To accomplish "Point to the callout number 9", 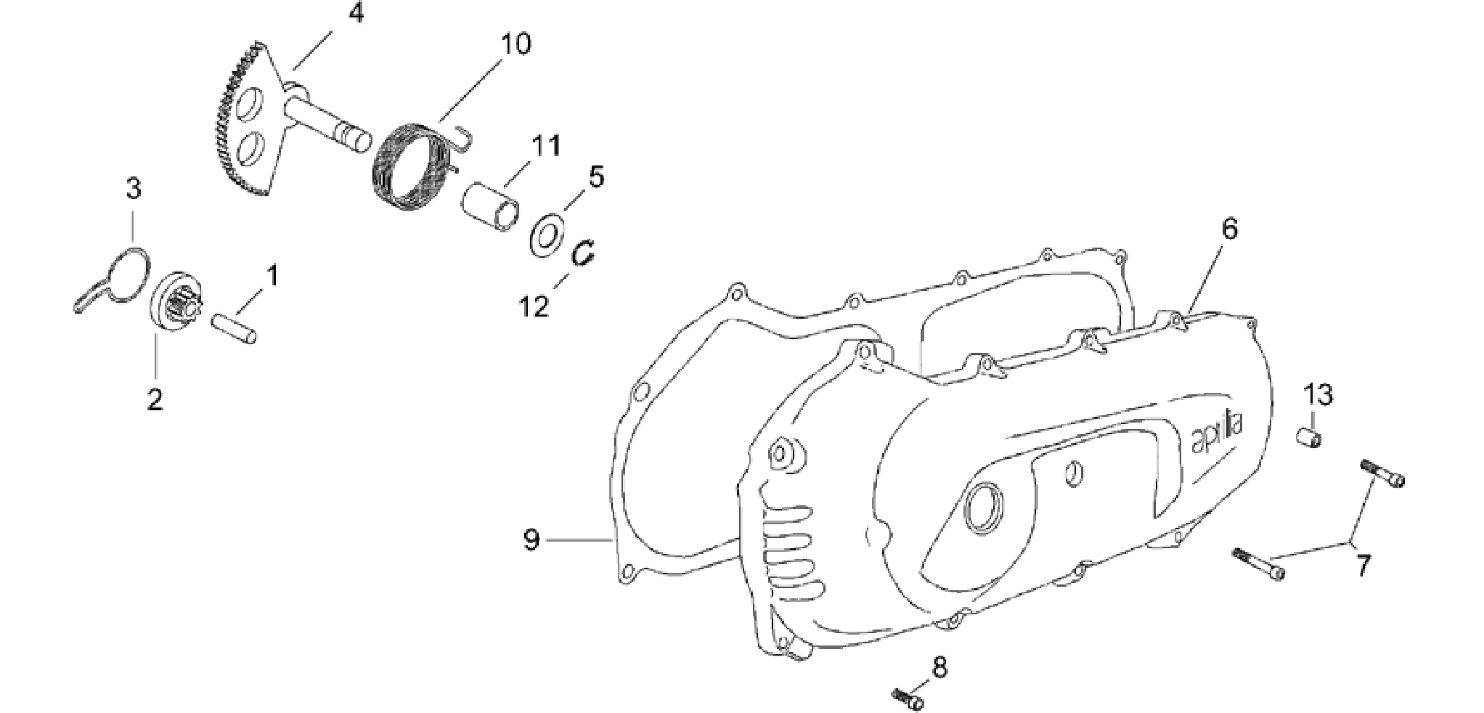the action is click(531, 540).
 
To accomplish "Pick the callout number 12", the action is click(534, 306).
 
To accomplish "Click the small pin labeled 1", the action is click(234, 328).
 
